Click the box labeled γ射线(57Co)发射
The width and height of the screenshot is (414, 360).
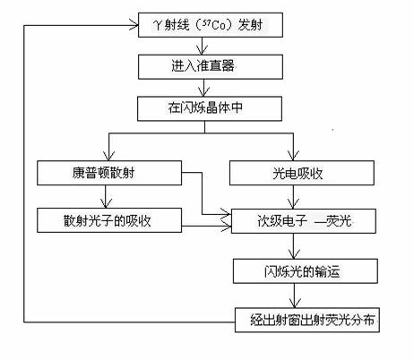pos(211,25)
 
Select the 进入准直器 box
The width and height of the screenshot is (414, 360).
pos(211,66)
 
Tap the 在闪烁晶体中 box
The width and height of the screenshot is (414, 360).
pos(210,108)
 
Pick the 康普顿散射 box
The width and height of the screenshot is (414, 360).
pos(109,173)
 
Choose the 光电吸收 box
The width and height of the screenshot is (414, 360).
pos(302,173)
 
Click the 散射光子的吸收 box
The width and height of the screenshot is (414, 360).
pos(109,220)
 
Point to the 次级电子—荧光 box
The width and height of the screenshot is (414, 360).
pos(304,221)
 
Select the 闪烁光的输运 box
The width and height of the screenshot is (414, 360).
pos(306,271)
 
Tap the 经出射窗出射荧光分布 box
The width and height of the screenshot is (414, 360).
pos(307,320)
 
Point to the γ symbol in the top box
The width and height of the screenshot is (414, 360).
pos(158,25)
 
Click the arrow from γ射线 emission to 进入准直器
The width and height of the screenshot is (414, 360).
pos(203,46)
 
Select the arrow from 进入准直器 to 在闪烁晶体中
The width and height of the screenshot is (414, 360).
pos(204,88)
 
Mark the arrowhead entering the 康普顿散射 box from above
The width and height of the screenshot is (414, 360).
pos(108,156)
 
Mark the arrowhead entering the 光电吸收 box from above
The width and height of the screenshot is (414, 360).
pos(293,156)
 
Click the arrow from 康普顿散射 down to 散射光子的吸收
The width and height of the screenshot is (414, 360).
pos(105,196)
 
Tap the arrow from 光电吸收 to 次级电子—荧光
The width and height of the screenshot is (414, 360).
pos(293,197)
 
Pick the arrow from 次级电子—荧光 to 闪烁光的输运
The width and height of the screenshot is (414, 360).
pos(294,246)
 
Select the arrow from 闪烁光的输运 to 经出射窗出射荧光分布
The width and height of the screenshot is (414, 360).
pos(295,296)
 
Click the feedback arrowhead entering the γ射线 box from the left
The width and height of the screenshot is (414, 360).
pos(134,26)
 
